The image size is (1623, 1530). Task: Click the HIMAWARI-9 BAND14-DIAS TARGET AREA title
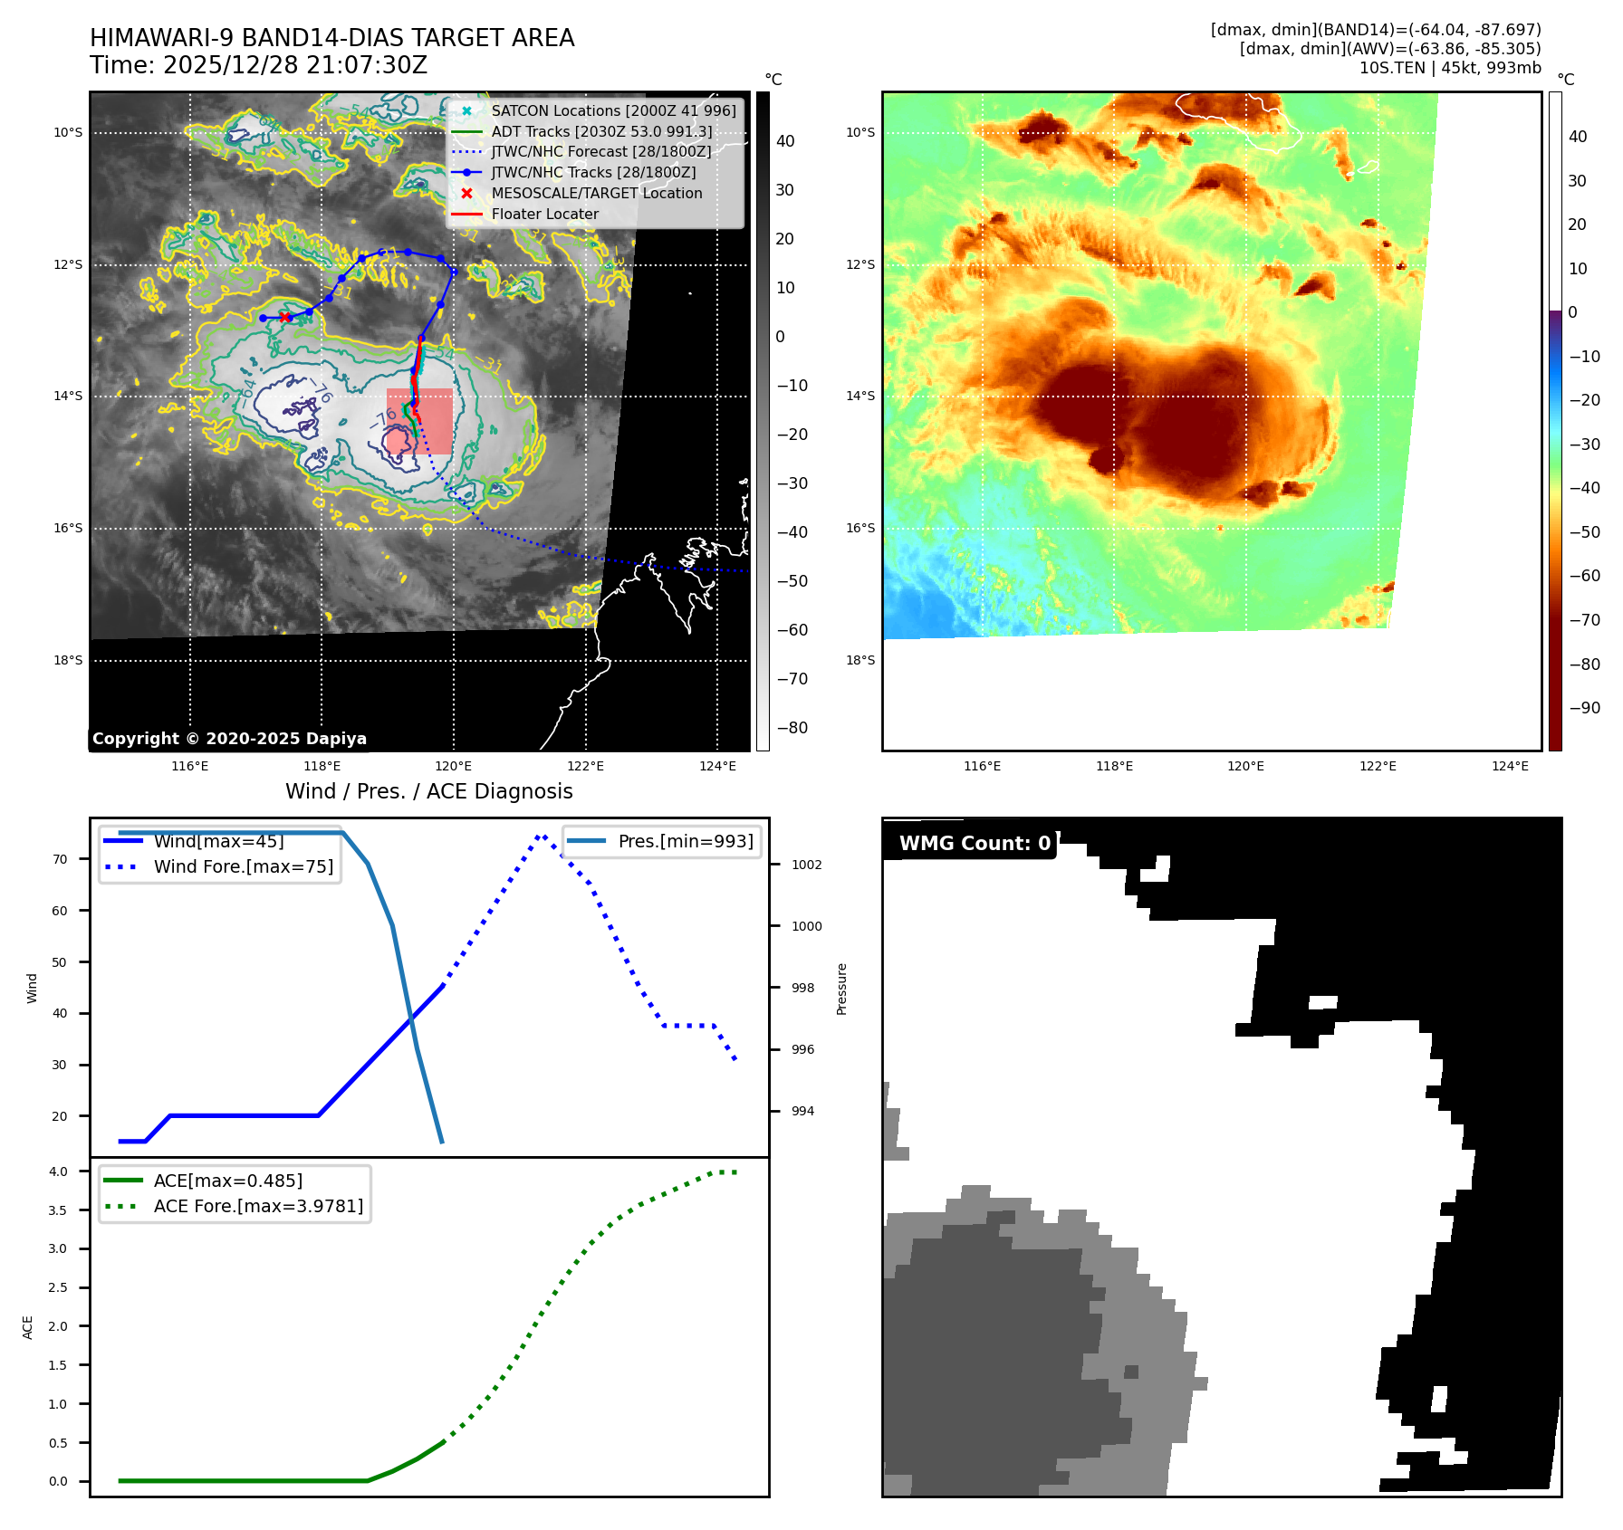(331, 38)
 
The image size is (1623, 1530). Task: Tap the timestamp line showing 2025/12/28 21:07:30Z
(258, 65)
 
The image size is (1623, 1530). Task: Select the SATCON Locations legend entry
(613, 110)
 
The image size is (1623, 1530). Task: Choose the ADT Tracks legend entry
(601, 131)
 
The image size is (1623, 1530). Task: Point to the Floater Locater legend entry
(544, 214)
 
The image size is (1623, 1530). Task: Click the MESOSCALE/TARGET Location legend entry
(596, 193)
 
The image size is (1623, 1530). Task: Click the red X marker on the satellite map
(285, 317)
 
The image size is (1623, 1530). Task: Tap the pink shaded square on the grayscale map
(419, 421)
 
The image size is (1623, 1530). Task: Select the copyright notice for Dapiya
(229, 739)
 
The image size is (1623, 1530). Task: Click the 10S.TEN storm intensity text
(1449, 68)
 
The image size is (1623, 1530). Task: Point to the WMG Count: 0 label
(975, 844)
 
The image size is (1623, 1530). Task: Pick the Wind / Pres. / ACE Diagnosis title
(428, 791)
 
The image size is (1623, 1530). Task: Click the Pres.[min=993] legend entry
(685, 841)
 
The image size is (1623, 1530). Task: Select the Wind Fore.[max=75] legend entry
(243, 866)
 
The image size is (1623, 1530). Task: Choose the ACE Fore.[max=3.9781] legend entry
(258, 1206)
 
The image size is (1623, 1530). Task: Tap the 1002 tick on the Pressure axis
(806, 865)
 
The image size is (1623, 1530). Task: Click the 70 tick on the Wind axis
(60, 859)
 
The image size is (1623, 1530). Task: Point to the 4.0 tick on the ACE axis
(58, 1171)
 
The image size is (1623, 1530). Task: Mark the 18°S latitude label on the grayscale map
(68, 660)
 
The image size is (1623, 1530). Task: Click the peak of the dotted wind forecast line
(541, 836)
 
